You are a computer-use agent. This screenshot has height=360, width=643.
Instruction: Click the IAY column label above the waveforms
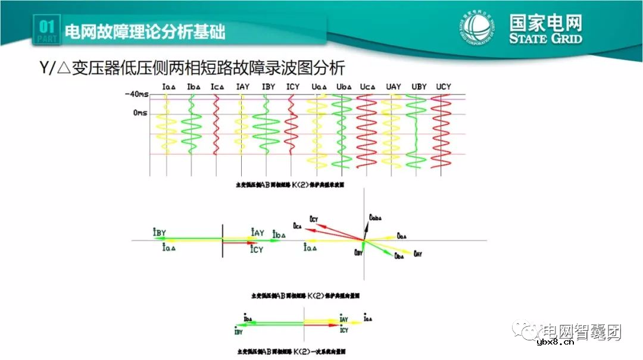tap(242, 87)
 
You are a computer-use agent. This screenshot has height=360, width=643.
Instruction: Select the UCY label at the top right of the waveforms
tap(443, 87)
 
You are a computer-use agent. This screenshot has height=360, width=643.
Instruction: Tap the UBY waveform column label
tap(419, 87)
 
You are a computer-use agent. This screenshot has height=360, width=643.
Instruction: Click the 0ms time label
tap(140, 112)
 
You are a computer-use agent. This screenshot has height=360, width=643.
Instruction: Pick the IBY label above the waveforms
tap(268, 87)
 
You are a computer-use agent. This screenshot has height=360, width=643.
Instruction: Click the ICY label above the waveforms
tap(293, 87)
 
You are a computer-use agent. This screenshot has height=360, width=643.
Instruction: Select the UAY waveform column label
tap(393, 87)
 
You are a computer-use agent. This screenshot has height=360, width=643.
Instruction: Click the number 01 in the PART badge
tap(47, 27)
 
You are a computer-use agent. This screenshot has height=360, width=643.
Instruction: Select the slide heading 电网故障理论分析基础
tap(144, 31)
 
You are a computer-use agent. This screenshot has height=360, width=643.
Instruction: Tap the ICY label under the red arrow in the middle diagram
tap(257, 249)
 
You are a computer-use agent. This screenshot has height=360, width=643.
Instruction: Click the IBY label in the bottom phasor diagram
tap(239, 332)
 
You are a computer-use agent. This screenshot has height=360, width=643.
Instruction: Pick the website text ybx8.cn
tap(554, 342)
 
